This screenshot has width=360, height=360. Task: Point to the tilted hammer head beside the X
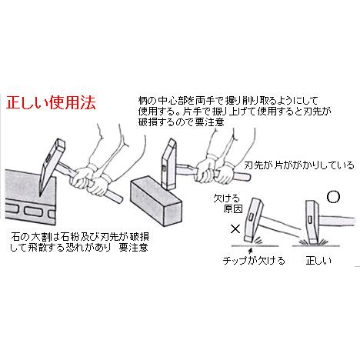click(252, 224)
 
